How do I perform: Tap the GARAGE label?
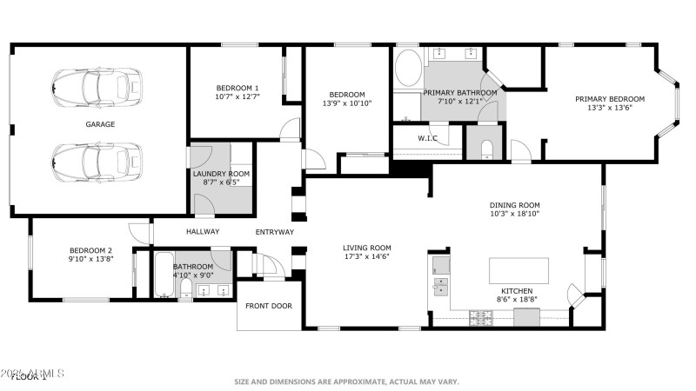pos(99,124)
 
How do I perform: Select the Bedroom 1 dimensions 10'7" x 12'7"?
pos(238,97)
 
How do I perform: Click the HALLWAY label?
pos(203,231)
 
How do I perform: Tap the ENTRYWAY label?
pos(274,232)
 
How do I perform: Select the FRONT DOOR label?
pos(268,306)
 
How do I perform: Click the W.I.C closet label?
pos(427,138)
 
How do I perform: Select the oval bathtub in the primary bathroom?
pos(407,70)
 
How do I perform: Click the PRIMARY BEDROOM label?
pos(609,99)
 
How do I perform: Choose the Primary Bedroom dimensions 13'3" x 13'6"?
pos(609,109)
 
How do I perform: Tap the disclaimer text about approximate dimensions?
pos(345,381)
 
